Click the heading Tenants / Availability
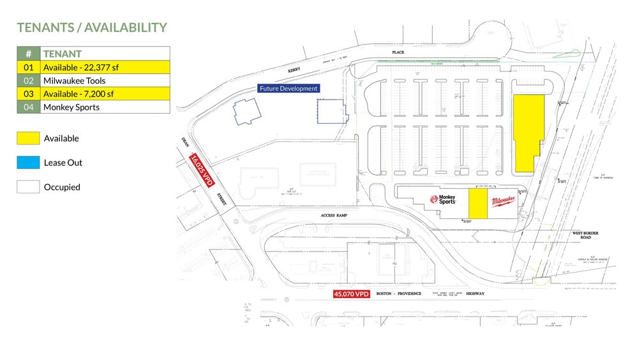tap(92, 27)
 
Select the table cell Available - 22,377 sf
tap(105, 67)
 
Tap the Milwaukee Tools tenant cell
tap(105, 80)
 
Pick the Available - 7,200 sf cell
tap(105, 94)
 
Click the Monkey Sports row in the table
tap(105, 107)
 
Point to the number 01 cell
tap(28, 67)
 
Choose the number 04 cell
tap(28, 107)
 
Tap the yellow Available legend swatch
tap(28, 138)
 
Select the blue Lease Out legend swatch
tap(28, 162)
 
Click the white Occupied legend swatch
tap(28, 186)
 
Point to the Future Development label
tap(288, 89)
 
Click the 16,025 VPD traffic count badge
tap(201, 170)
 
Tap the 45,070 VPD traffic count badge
tap(352, 294)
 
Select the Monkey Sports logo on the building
tap(443, 199)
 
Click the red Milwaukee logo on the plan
tap(504, 202)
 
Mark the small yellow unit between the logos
tap(477, 203)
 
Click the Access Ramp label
tap(334, 216)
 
